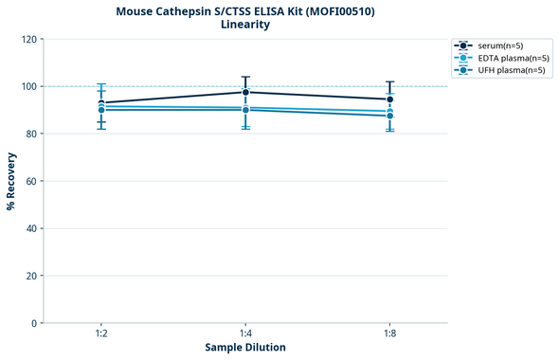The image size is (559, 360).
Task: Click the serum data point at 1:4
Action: tap(245, 92)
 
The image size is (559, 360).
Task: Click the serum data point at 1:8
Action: tap(390, 99)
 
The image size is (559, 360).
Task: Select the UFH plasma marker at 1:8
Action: tap(390, 116)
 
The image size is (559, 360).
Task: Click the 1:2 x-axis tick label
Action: tap(101, 334)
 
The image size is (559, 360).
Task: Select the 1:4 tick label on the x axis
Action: tap(245, 334)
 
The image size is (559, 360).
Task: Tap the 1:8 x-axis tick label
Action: tap(390, 334)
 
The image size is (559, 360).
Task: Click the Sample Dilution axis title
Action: tap(245, 348)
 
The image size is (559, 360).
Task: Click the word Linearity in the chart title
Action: tap(245, 25)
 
